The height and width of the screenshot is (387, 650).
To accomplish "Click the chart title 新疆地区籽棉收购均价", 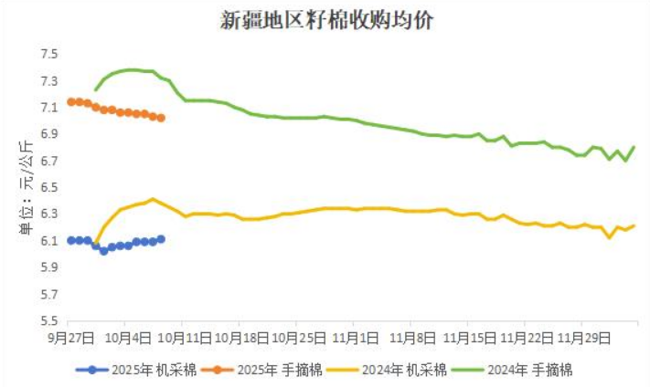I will (x=326, y=21).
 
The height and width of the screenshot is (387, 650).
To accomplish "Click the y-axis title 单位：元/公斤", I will (x=27, y=187).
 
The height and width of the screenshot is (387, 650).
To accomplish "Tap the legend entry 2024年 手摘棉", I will (x=531, y=370).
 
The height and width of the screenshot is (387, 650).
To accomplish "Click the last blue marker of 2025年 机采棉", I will (x=161, y=239).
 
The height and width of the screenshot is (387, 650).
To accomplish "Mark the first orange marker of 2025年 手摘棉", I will (x=70, y=101).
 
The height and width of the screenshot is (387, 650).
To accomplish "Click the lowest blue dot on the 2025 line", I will (x=103, y=250).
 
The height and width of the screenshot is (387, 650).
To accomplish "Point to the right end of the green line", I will (x=634, y=147).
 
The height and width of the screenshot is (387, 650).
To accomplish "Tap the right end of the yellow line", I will (x=634, y=225).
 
